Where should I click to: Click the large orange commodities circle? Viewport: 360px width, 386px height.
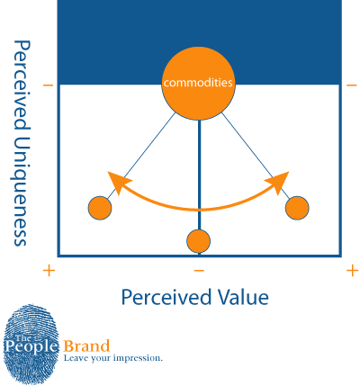click(x=198, y=84)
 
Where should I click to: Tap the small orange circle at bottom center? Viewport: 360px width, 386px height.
click(x=198, y=241)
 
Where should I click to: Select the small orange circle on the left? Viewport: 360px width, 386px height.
click(x=100, y=208)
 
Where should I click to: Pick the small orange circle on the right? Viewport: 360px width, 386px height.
click(x=297, y=208)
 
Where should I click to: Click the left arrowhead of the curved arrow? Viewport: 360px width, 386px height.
click(x=119, y=182)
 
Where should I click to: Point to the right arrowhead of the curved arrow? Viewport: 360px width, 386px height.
click(x=278, y=182)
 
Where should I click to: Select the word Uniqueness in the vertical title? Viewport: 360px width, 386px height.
click(x=22, y=192)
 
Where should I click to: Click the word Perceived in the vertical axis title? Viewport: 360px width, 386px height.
click(x=22, y=86)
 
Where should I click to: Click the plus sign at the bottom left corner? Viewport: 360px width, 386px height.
click(x=49, y=271)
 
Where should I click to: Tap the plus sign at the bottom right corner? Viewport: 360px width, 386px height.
click(x=352, y=271)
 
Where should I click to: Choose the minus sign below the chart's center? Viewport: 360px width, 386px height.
click(x=199, y=271)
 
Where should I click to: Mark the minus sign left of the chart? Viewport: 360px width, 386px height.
click(x=48, y=85)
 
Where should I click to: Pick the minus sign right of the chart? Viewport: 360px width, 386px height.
click(x=351, y=85)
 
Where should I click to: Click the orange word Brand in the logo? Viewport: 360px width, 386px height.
click(x=86, y=346)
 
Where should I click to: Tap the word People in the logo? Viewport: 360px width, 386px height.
click(x=31, y=347)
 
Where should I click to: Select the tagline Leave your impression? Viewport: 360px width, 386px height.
click(x=112, y=358)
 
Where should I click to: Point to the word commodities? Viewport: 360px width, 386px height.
click(x=198, y=83)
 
